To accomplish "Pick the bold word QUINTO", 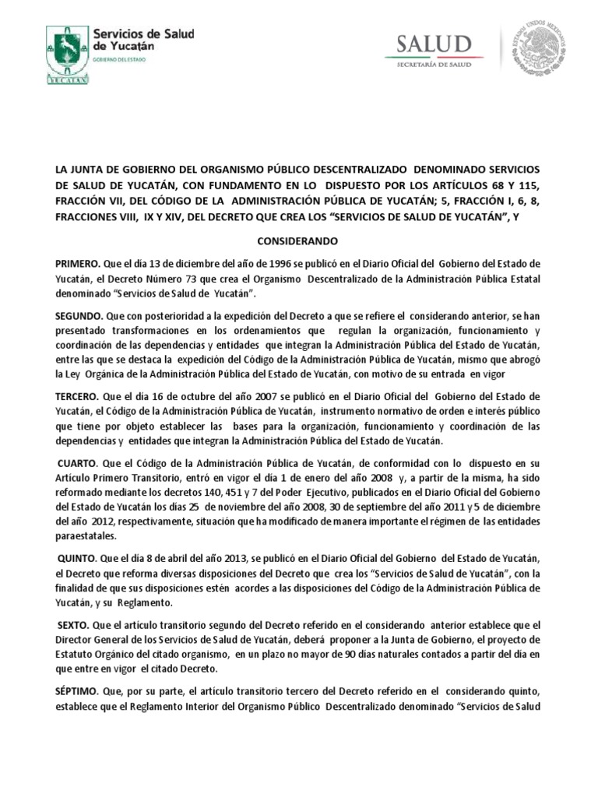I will pyautogui.click(x=78, y=559).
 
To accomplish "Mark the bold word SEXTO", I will pyautogui.click(x=75, y=625).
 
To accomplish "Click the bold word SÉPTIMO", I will pyautogui.click(x=77, y=690).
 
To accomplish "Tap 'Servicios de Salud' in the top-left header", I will pyautogui.click(x=144, y=33).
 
